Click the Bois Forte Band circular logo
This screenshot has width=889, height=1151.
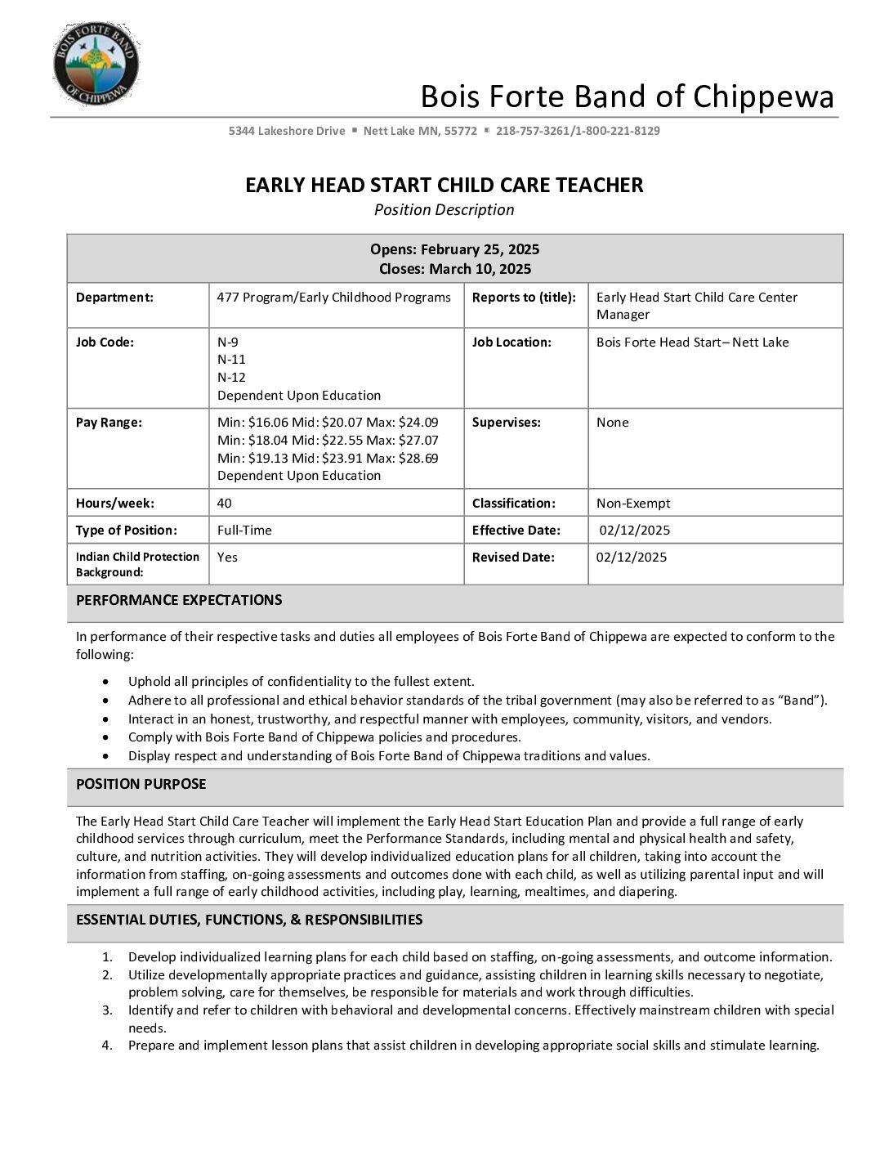[x=96, y=65]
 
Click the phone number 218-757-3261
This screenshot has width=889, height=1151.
[x=533, y=131]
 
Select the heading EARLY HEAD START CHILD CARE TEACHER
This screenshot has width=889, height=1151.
[x=444, y=186]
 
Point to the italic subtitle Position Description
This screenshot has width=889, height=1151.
[x=444, y=210]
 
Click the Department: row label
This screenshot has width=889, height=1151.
[x=114, y=298]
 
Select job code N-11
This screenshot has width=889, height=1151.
[x=231, y=360]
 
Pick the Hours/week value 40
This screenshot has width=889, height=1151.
[x=224, y=504]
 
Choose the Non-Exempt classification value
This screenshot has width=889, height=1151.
[x=633, y=504]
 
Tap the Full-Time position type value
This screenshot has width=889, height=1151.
[x=244, y=531]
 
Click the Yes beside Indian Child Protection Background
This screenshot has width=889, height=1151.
[x=227, y=558]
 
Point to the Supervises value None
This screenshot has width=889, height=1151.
[x=613, y=423]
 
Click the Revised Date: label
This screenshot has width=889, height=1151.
[x=513, y=558]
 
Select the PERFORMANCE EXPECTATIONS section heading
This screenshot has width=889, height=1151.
[x=179, y=601]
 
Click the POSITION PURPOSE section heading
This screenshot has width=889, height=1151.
[x=141, y=785]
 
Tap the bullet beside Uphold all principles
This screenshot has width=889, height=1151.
[x=105, y=682]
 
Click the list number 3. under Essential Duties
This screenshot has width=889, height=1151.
[x=107, y=1010]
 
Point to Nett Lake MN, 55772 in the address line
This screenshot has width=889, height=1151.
[x=420, y=131]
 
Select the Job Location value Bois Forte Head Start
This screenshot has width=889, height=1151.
[x=662, y=343]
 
